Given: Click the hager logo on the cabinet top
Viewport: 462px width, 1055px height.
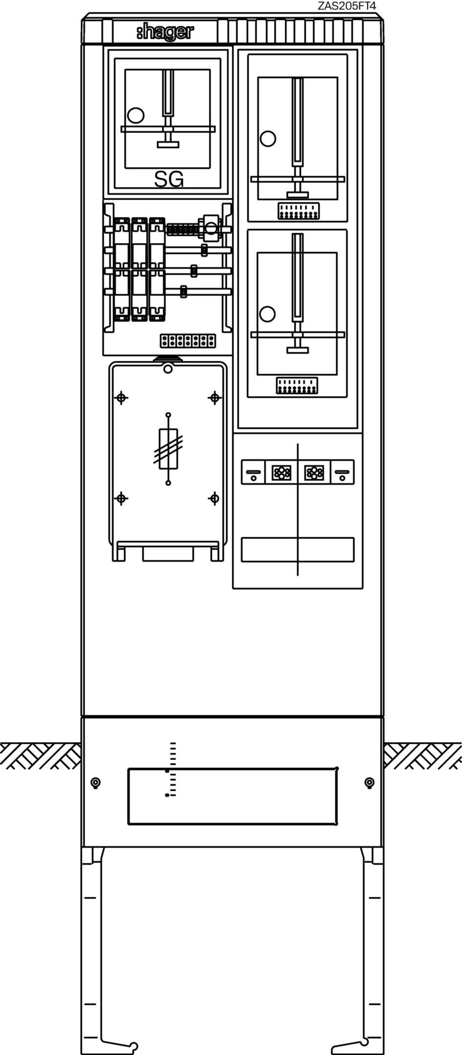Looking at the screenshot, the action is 165,32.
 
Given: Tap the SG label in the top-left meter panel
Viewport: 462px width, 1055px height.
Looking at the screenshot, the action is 169,180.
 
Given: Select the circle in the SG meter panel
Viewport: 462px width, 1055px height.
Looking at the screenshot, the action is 135,115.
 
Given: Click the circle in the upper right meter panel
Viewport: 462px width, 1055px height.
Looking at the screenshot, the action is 268,139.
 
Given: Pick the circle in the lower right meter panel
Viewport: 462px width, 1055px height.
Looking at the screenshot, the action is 267,314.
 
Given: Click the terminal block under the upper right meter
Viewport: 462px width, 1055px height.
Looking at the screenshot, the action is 298,211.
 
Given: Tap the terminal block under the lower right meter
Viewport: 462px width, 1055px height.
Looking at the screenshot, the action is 297,385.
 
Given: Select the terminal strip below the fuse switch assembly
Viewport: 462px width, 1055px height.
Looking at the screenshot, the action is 188,340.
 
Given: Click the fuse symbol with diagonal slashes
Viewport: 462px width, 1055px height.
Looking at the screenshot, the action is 168,448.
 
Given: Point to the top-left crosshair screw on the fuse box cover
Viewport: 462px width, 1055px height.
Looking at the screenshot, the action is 121,398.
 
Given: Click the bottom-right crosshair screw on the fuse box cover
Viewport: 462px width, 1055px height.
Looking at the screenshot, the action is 214,498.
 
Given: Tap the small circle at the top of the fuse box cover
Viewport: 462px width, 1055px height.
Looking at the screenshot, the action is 168,369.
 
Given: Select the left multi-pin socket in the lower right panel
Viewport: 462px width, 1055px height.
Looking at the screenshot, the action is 281,472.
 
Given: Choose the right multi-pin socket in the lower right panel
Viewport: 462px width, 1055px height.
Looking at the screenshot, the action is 314,472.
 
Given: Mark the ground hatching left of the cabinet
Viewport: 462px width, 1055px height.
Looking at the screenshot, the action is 40,756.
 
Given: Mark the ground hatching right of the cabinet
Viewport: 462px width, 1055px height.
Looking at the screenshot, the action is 422,756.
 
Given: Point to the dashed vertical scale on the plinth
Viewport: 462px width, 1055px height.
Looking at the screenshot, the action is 171,769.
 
